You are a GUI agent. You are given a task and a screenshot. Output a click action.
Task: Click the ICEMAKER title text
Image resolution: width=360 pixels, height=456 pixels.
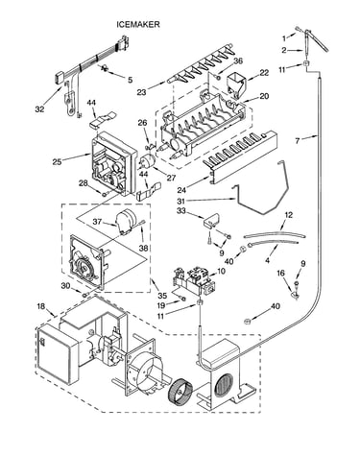tap(137, 24)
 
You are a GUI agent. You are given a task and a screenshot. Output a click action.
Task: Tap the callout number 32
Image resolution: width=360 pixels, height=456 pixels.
tap(39, 109)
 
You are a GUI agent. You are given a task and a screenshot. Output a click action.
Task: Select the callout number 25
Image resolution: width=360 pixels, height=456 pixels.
tap(57, 162)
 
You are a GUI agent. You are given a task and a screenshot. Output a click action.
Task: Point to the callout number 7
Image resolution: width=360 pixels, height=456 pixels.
tap(298, 140)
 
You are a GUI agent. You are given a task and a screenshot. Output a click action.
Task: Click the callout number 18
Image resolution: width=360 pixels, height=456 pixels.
tap(41, 306)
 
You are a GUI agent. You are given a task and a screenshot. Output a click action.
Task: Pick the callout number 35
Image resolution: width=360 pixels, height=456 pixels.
tap(162, 296)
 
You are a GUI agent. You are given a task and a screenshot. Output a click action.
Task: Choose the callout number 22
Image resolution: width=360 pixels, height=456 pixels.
tap(264, 73)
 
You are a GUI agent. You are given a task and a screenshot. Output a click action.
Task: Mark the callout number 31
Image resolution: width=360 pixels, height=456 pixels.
tap(181, 202)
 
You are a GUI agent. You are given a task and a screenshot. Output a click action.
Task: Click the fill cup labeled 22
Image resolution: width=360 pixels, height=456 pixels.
tap(237, 83)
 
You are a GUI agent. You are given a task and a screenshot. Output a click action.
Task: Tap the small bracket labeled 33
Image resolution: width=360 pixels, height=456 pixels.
tap(212, 220)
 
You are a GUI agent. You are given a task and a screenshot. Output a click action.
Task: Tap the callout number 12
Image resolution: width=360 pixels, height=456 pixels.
tap(288, 215)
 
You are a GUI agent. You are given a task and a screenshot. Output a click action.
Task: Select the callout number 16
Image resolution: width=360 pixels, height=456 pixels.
tap(280, 273)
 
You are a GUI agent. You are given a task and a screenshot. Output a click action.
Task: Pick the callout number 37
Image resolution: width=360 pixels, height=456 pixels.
tap(97, 221)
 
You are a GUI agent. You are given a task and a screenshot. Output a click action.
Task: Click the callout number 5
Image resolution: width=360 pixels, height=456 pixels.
tap(130, 80)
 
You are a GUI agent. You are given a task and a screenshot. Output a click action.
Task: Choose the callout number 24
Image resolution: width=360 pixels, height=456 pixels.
tap(181, 190)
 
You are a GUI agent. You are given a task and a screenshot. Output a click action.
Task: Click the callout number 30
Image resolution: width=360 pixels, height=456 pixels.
tap(65, 286)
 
